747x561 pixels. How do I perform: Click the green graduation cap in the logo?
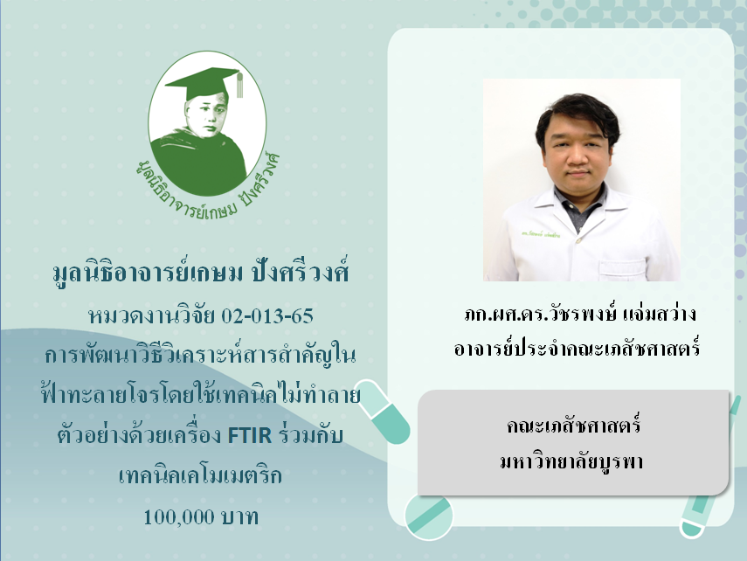point(203,83)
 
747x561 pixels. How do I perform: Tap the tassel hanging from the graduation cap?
point(239,86)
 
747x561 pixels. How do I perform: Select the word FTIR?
point(250,435)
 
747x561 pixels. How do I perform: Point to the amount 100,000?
point(172,516)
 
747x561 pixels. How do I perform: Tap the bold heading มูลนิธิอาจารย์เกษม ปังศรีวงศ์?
point(201,274)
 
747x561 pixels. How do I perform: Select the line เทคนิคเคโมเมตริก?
point(201,475)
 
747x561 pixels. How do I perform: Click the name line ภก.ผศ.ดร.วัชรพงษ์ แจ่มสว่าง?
point(580,314)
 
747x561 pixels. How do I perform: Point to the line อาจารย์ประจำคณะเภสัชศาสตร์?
point(577,348)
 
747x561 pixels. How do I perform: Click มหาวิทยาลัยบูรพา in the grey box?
point(571,461)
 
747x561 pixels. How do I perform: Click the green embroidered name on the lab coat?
point(540,234)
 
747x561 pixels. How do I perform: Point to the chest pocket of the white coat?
point(621,270)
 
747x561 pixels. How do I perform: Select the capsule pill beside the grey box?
point(383,412)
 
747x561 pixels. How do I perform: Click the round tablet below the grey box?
point(428,516)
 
